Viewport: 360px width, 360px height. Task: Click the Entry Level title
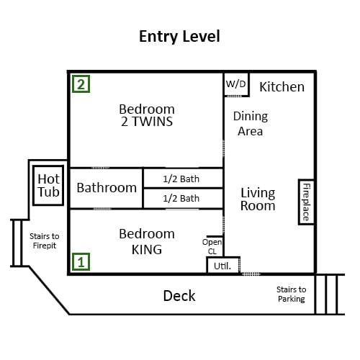(179, 37)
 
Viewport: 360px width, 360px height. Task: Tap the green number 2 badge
(81, 84)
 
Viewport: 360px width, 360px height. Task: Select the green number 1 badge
(81, 261)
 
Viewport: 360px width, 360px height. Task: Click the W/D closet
(236, 84)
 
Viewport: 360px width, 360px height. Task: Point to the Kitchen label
(282, 86)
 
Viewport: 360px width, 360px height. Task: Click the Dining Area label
(251, 124)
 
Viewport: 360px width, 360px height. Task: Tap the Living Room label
(258, 199)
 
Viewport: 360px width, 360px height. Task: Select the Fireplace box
(306, 202)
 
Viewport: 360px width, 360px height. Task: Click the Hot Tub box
(48, 185)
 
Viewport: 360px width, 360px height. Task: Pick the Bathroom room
(107, 188)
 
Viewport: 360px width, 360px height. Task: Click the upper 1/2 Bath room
(183, 179)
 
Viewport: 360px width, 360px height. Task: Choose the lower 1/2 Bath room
(183, 199)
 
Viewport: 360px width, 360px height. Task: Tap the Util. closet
(223, 265)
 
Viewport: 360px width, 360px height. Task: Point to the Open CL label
(212, 246)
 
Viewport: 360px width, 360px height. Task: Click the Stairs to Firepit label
(45, 240)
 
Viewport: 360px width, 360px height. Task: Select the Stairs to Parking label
(292, 294)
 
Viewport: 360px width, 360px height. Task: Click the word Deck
(179, 296)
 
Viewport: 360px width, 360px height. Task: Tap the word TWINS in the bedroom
(153, 122)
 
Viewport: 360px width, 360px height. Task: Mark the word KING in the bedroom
(147, 250)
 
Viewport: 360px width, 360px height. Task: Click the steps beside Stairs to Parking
(329, 294)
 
